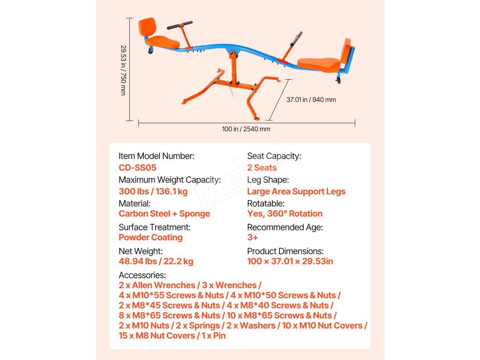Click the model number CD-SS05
click(137, 167)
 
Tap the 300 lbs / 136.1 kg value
click(153, 191)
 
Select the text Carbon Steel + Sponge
click(164, 214)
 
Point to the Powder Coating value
click(150, 237)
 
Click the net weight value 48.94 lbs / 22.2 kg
click(156, 261)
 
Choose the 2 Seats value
click(262, 167)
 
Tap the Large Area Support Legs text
click(296, 191)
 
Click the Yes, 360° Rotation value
click(285, 214)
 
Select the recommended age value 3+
click(253, 237)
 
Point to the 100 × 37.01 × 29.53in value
click(290, 261)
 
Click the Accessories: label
click(142, 275)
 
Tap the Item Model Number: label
click(156, 156)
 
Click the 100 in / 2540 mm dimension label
click(246, 129)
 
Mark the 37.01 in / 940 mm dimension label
click(311, 99)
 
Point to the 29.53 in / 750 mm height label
click(123, 70)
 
